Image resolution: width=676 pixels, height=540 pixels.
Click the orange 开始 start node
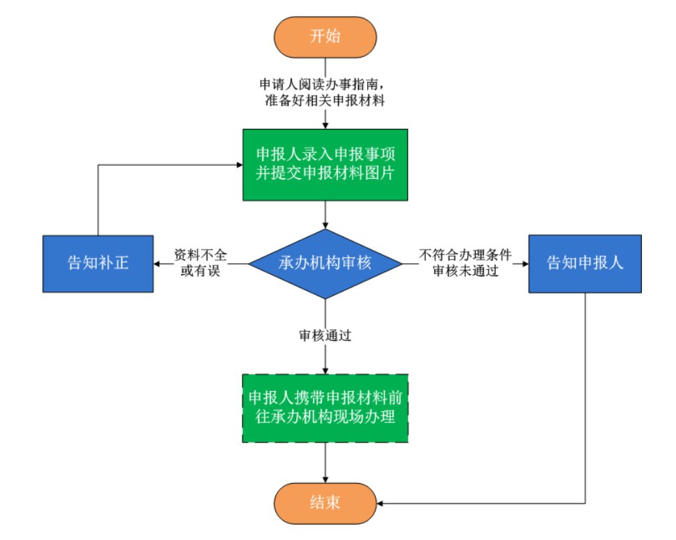(325, 36)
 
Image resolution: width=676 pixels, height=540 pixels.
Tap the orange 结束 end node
(325, 502)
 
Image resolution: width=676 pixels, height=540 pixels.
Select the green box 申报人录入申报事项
(325, 165)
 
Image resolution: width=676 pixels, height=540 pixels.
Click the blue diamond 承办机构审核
(325, 264)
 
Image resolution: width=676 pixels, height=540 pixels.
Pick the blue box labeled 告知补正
(98, 264)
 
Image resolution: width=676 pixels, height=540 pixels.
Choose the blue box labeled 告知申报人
(584, 264)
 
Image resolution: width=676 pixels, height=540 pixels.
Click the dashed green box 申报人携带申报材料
(325, 408)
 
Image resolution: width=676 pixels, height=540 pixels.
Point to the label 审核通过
(325, 335)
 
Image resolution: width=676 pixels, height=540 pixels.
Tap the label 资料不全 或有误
(201, 263)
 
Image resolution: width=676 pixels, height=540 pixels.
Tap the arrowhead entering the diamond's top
(325, 225)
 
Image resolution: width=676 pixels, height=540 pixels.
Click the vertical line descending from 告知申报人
(584, 397)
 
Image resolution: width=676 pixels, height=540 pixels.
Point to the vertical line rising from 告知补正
(98, 202)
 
